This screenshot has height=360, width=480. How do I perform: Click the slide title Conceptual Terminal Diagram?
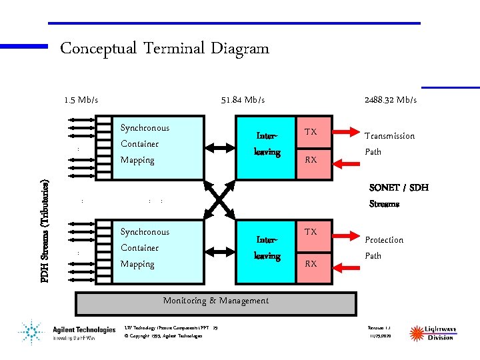tap(165, 49)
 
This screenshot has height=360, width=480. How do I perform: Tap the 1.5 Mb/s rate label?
tap(81, 100)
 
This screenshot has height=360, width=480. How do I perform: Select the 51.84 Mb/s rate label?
tap(243, 100)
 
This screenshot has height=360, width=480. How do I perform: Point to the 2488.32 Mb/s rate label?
tap(391, 100)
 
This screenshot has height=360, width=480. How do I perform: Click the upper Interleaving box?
tap(267, 147)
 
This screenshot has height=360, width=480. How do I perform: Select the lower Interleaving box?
tap(267, 251)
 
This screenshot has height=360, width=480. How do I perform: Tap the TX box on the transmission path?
tap(311, 132)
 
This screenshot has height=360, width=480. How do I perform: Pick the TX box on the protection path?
tap(311, 233)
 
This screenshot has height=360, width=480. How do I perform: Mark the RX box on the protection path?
tap(311, 264)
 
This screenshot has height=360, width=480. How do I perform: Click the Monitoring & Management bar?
tap(216, 303)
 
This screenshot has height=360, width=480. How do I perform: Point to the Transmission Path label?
tap(389, 143)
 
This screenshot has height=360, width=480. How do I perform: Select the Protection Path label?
tap(384, 247)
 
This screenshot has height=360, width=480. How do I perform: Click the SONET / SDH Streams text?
tap(399, 196)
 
